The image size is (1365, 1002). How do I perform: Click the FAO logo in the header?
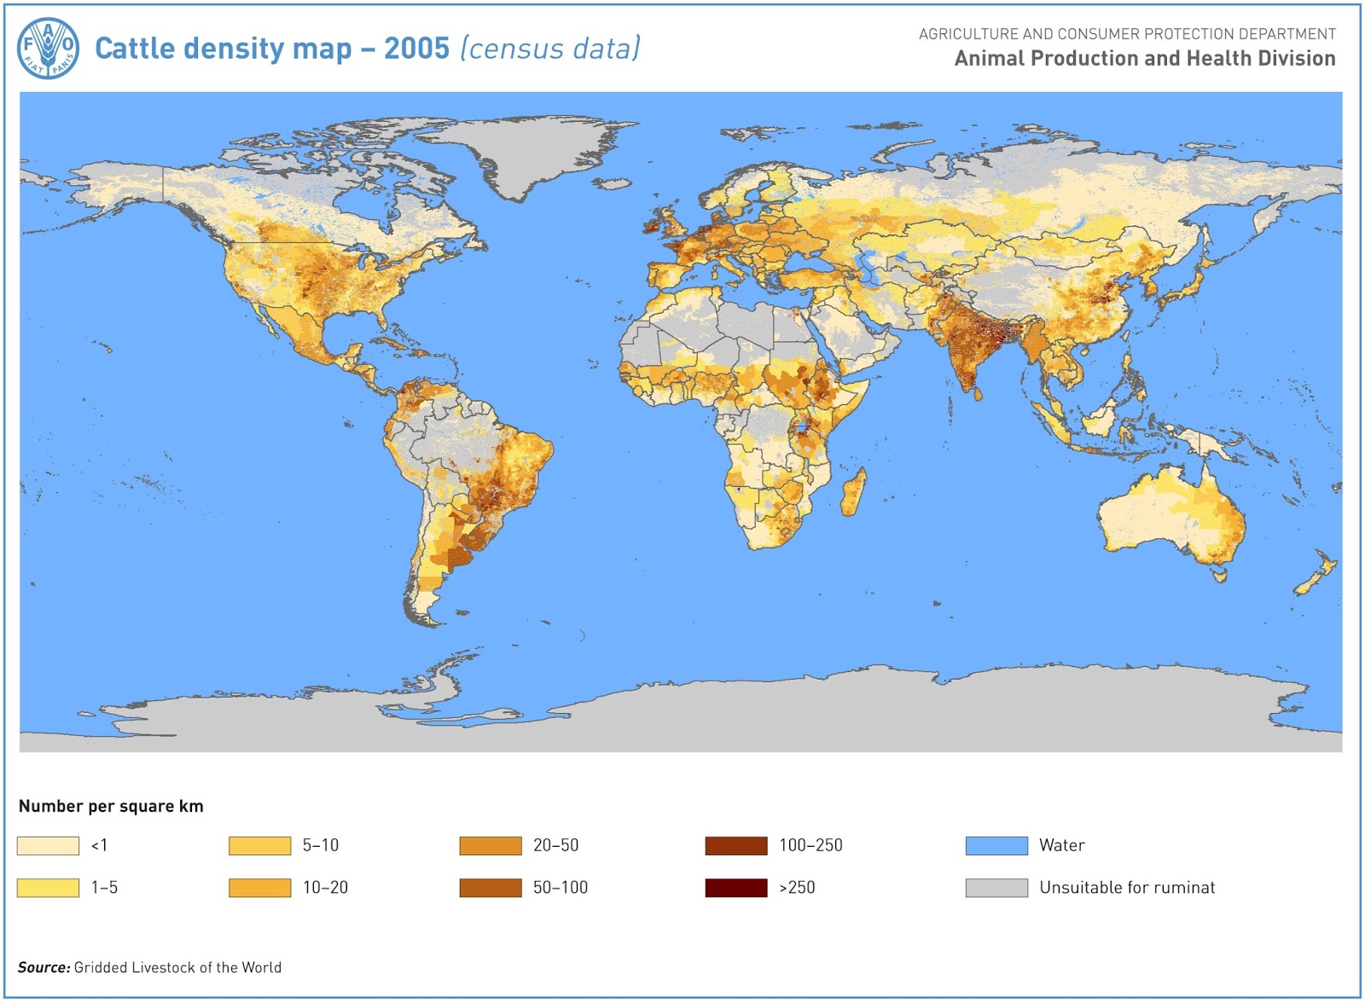click(x=49, y=49)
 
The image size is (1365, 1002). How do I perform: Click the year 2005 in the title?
click(x=416, y=49)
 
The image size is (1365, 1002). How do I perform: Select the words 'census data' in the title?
click(x=550, y=49)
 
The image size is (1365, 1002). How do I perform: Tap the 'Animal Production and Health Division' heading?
click(x=1144, y=58)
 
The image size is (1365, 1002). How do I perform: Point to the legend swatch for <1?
click(x=48, y=845)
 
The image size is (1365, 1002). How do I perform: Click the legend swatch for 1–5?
click(x=48, y=888)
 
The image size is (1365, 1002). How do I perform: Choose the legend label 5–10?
click(x=321, y=845)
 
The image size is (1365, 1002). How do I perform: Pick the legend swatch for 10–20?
click(x=259, y=888)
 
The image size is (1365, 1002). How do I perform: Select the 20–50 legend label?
click(x=555, y=845)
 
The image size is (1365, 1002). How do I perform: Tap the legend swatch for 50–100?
click(x=490, y=888)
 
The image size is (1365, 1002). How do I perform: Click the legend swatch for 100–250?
click(x=735, y=845)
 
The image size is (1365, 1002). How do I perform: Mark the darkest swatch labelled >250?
click(x=735, y=888)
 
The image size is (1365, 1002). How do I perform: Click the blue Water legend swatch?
click(x=996, y=845)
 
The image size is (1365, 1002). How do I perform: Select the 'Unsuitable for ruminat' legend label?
click(x=1126, y=888)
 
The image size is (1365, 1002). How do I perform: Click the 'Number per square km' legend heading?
click(x=111, y=806)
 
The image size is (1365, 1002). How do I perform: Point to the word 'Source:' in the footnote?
click(x=44, y=967)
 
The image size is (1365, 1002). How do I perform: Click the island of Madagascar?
click(x=853, y=493)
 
